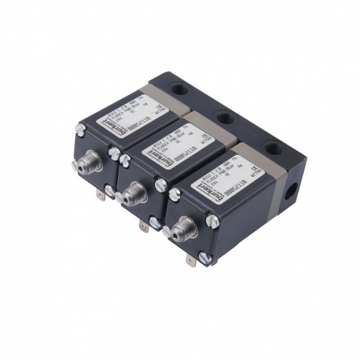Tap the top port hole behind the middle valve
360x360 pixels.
[226, 118]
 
